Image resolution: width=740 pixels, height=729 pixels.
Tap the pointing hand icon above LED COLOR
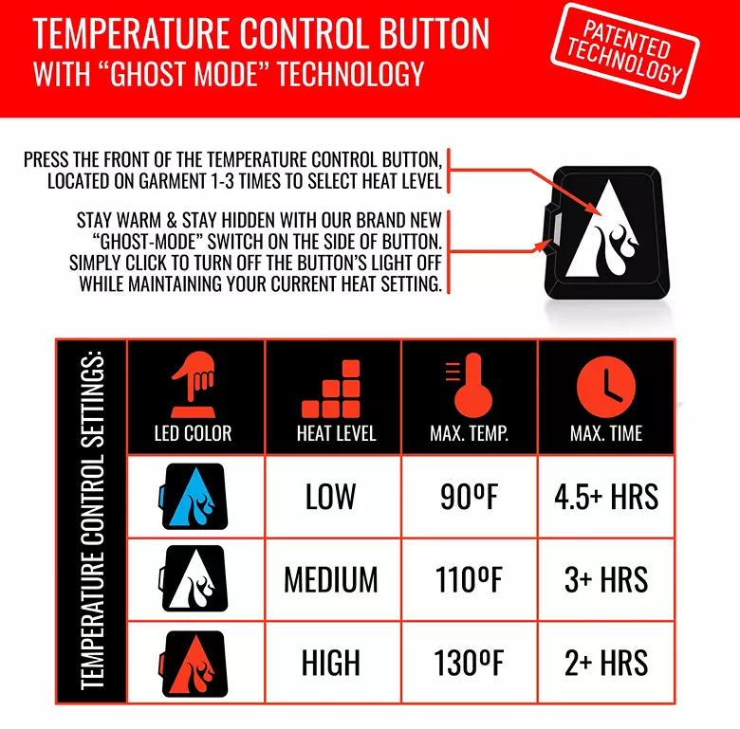click(193, 383)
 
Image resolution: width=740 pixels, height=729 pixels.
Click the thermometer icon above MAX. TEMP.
click(469, 384)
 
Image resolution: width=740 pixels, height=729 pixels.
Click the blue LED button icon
click(194, 496)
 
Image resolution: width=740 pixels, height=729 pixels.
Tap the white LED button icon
click(194, 578)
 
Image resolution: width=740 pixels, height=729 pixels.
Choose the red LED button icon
click(194, 662)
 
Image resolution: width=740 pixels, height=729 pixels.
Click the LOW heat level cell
click(330, 496)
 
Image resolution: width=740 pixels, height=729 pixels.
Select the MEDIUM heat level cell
click(331, 579)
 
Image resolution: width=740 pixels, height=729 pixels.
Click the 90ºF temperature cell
click(469, 496)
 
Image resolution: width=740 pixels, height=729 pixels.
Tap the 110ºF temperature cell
click(469, 579)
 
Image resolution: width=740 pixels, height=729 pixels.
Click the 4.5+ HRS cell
click(606, 496)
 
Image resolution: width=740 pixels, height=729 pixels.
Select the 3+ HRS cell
click(606, 579)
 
